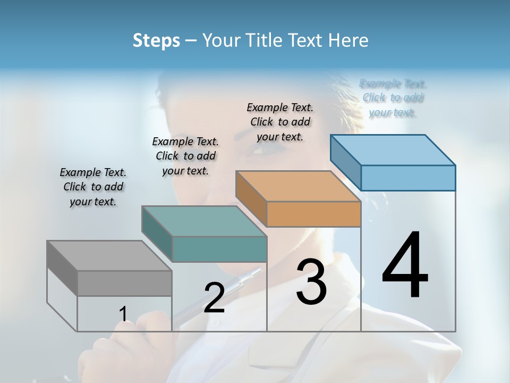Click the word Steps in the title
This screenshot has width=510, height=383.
click(x=156, y=40)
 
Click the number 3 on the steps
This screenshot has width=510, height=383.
click(x=311, y=282)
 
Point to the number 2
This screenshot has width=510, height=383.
click(x=214, y=298)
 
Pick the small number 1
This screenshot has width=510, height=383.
click(x=123, y=314)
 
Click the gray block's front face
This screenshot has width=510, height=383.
click(x=124, y=284)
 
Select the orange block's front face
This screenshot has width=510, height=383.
click(x=313, y=214)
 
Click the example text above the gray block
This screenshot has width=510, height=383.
click(x=93, y=187)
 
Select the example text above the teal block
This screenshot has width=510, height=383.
click(x=185, y=156)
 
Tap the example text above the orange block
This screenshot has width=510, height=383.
click(x=280, y=122)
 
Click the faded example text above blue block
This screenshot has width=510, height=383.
click(x=393, y=98)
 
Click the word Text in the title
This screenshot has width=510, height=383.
click(x=304, y=40)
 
